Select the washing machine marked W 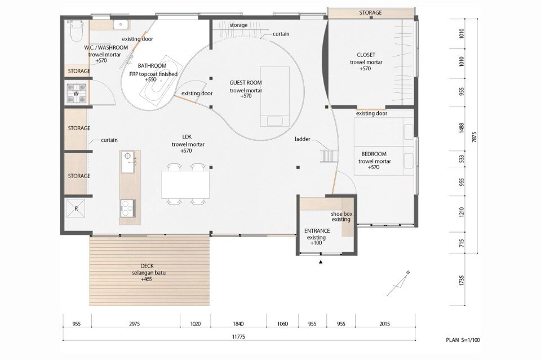76,94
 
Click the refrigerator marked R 76,208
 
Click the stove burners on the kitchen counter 128,208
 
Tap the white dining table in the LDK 185,184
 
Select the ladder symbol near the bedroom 329,156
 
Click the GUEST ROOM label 246,82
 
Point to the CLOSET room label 366,55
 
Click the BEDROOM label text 374,154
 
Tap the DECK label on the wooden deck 147,266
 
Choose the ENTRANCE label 317,230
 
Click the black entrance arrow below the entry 321,262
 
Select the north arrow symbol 398,284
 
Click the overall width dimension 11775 239,336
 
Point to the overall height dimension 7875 474,136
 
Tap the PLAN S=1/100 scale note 463,340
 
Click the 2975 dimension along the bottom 135,323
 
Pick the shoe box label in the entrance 342,214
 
